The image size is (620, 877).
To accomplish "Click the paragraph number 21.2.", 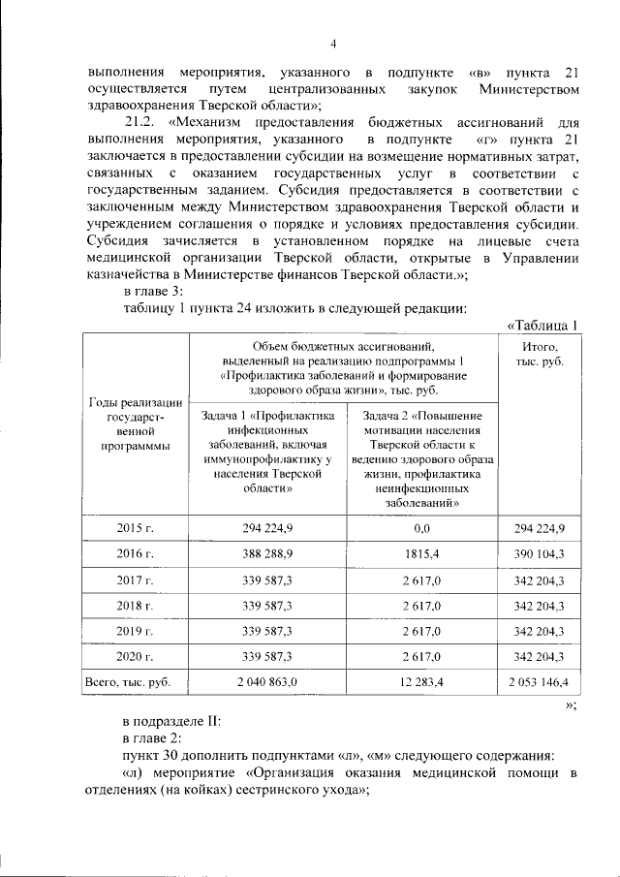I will tap(143, 123).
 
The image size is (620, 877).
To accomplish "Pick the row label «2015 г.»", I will tap(137, 527).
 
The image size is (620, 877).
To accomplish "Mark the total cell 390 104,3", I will tap(538, 553).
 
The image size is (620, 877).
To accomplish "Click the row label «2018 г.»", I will tap(137, 606).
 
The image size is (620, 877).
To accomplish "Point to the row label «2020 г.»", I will tap(137, 657).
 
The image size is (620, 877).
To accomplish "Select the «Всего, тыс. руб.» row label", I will tap(128, 682).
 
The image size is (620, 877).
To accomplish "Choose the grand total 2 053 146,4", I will tap(538, 682).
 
